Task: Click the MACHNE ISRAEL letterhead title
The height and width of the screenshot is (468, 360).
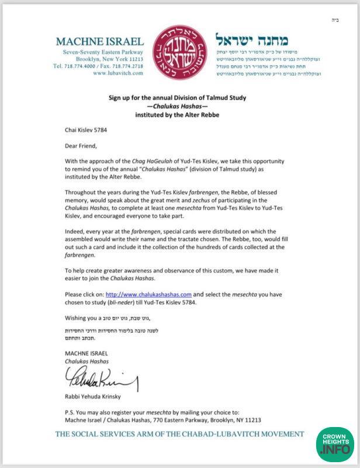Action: [x=100, y=42]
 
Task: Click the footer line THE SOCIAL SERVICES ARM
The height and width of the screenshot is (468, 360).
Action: [x=180, y=434]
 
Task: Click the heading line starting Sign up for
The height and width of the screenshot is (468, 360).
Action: [x=179, y=98]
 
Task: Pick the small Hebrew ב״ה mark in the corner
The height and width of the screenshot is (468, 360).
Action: [x=343, y=19]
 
